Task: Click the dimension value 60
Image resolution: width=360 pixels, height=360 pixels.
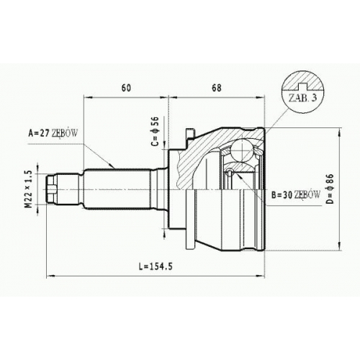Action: tap(126, 88)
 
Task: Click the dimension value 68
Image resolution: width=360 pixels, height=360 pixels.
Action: tap(217, 88)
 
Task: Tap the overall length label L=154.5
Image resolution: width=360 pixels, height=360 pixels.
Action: tap(156, 266)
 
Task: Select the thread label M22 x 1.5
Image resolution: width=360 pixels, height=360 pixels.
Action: tap(29, 189)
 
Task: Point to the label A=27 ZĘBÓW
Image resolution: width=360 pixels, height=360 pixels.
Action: tap(53, 132)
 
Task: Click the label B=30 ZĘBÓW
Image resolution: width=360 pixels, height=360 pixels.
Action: tap(296, 195)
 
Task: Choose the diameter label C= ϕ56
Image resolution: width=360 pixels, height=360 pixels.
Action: tap(156, 131)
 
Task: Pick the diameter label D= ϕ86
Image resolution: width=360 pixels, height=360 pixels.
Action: tap(330, 189)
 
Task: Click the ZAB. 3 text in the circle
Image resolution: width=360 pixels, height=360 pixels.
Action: tap(302, 98)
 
